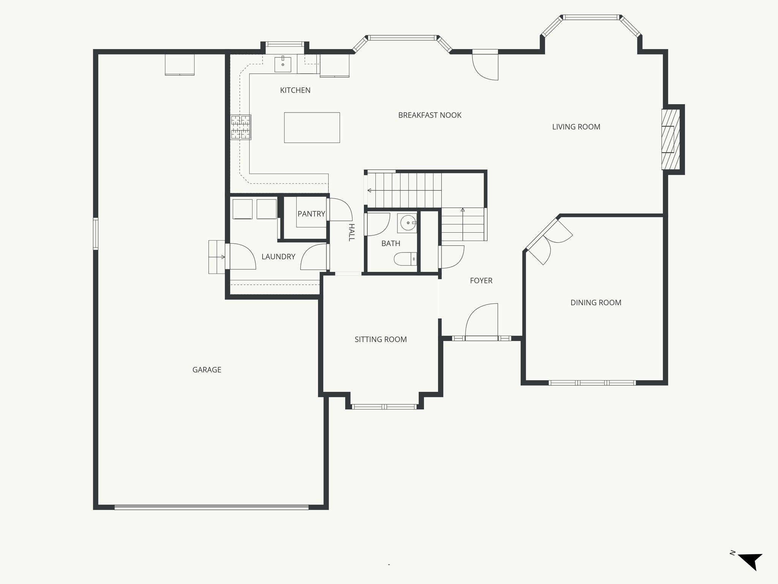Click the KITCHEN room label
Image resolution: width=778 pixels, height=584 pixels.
click(295, 90)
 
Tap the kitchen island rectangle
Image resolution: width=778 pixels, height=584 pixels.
click(312, 127)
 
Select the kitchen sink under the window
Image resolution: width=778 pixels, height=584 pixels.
click(283, 64)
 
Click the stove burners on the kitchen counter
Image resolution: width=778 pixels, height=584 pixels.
click(240, 127)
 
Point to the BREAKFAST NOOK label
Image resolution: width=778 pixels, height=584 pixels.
click(430, 115)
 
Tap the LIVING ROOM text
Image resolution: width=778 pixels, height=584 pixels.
click(576, 127)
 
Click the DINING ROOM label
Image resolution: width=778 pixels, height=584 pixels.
click(596, 303)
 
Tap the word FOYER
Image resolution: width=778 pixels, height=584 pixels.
click(481, 281)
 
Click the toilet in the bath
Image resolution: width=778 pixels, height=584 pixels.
click(405, 259)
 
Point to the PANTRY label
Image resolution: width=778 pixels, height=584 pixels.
click(311, 214)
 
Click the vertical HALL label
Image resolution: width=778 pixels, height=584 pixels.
click(351, 232)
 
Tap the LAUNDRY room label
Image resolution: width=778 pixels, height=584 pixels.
click(278, 257)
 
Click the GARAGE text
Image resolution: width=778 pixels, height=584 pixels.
click(207, 370)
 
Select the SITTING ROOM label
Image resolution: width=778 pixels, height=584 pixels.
click(381, 340)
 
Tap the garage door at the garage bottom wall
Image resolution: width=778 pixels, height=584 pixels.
click(211, 507)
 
